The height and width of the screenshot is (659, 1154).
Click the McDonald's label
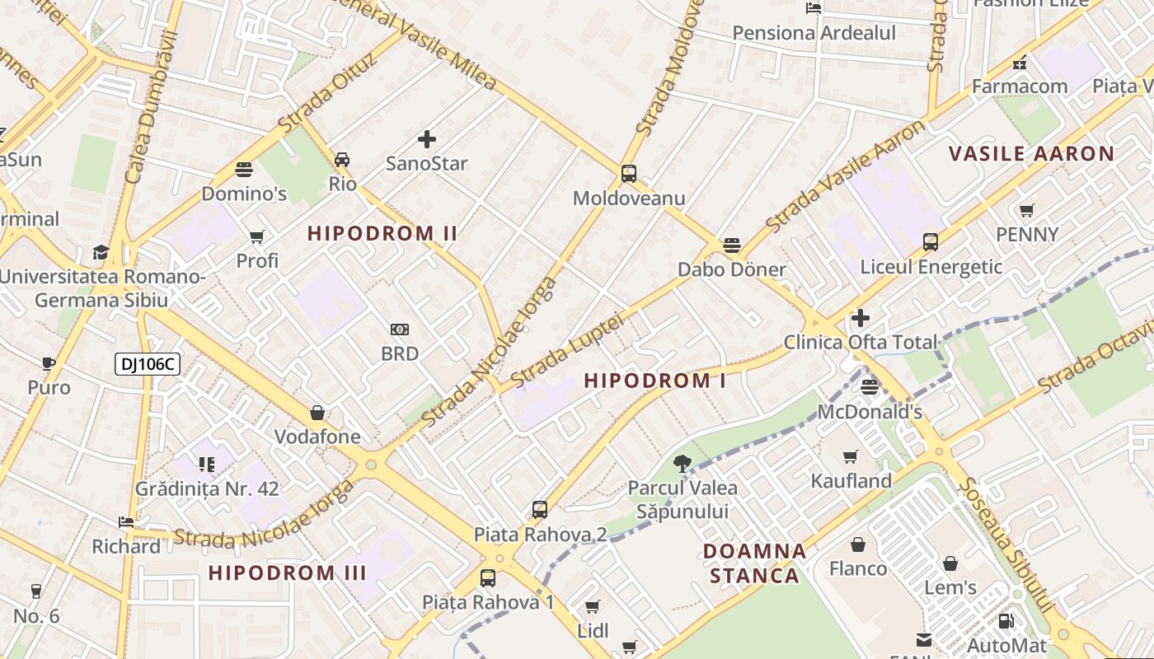pyautogui.click(x=870, y=411)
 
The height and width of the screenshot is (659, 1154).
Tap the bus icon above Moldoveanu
pyautogui.click(x=629, y=174)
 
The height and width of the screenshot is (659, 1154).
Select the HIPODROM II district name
pyautogui.click(x=382, y=233)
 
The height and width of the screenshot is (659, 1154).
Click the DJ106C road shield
pyautogui.click(x=148, y=363)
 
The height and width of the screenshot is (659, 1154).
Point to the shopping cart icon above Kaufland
pyautogui.click(x=851, y=456)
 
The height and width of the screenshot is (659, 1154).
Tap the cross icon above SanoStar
pyautogui.click(x=427, y=139)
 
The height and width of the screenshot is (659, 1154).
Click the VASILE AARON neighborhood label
pyautogui.click(x=1031, y=153)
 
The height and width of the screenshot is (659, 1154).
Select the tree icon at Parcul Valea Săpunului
pyautogui.click(x=682, y=464)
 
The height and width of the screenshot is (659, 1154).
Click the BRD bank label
pyautogui.click(x=400, y=353)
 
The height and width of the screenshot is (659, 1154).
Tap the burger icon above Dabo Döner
pyautogui.click(x=731, y=245)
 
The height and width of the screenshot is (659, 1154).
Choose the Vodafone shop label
pyautogui.click(x=317, y=437)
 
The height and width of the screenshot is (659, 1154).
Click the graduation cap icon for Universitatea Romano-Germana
pyautogui.click(x=101, y=252)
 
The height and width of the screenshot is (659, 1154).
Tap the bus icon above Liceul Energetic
pyautogui.click(x=931, y=242)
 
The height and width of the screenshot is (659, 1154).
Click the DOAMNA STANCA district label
pyautogui.click(x=755, y=563)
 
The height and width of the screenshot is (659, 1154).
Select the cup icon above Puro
pyautogui.click(x=49, y=363)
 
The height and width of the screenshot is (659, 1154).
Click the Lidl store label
pyautogui.click(x=593, y=631)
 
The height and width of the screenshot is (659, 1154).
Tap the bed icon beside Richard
pyautogui.click(x=126, y=522)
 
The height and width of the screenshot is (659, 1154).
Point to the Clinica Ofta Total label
pyautogui.click(x=861, y=342)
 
